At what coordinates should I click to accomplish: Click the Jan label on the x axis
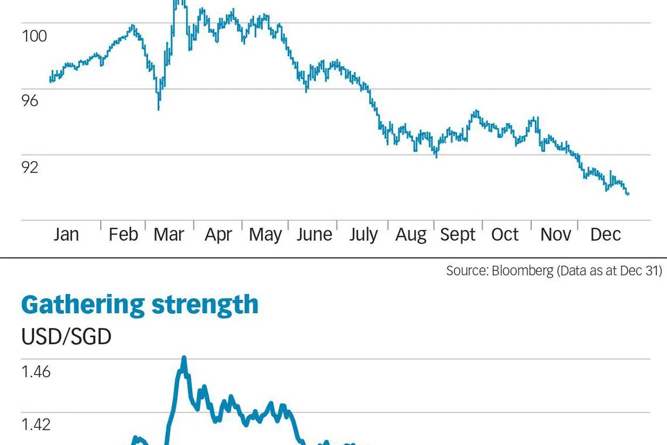pyautogui.click(x=66, y=234)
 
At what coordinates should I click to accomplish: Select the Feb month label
pyautogui.click(x=123, y=234)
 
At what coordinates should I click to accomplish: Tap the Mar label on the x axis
pyautogui.click(x=169, y=234)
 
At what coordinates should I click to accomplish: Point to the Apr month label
pyautogui.click(x=218, y=235)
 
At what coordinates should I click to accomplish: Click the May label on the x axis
pyautogui.click(x=265, y=235)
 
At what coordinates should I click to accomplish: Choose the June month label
pyautogui.click(x=314, y=234)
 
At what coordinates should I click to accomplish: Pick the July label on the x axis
pyautogui.click(x=363, y=235)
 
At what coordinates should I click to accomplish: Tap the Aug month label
pyautogui.click(x=411, y=235)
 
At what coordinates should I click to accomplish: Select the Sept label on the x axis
pyautogui.click(x=458, y=235)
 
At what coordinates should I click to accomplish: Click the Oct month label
pyautogui.click(x=505, y=234)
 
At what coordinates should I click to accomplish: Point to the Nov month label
pyautogui.click(x=555, y=234)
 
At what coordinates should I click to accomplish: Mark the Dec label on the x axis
pyautogui.click(x=606, y=234)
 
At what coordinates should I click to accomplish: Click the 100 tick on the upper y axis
pyautogui.click(x=34, y=36)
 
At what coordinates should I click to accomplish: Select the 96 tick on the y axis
pyautogui.click(x=30, y=101)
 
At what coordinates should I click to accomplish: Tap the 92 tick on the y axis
pyautogui.click(x=30, y=167)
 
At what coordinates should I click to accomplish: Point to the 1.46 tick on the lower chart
pyautogui.click(x=36, y=371)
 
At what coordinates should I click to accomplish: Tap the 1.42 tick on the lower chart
pyautogui.click(x=36, y=423)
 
